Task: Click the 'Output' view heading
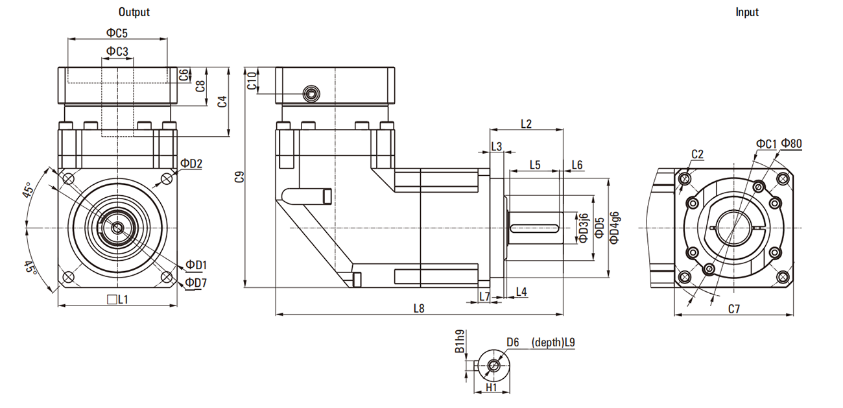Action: click(134, 12)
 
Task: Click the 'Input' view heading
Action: click(746, 12)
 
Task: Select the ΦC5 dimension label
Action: click(117, 32)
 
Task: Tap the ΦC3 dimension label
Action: click(117, 51)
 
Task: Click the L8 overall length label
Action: click(419, 309)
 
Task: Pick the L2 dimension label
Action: click(526, 124)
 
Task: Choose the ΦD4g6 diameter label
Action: click(614, 227)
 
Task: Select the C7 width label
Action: click(733, 309)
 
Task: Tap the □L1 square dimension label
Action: click(117, 300)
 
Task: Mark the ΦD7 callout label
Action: click(195, 283)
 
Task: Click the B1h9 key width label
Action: click(460, 342)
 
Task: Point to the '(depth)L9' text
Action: click(553, 342)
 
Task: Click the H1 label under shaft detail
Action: click(491, 387)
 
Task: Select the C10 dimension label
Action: click(252, 80)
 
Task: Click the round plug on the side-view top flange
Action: click(311, 94)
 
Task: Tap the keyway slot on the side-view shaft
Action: click(534, 228)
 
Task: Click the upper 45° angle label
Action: click(29, 193)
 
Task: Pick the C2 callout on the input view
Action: click(697, 154)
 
